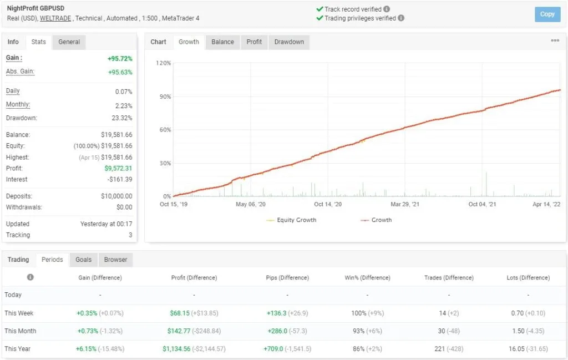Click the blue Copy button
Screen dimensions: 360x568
[x=547, y=14]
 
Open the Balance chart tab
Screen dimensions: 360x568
[x=222, y=42]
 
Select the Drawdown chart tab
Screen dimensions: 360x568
[x=289, y=42]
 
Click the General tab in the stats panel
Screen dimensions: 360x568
[x=69, y=42]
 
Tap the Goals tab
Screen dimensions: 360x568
[x=83, y=260]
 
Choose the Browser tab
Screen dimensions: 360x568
[x=115, y=260]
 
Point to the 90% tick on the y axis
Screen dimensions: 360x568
[x=164, y=97]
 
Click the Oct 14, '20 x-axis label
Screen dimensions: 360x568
[x=328, y=204]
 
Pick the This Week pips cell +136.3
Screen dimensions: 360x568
[x=276, y=313]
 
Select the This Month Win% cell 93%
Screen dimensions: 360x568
[x=358, y=331]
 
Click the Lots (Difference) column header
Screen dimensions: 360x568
[x=528, y=278]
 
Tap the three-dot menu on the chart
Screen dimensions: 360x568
[x=555, y=41]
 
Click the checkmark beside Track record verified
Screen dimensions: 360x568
[x=319, y=9]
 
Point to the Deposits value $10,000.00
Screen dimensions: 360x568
[x=116, y=196]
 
